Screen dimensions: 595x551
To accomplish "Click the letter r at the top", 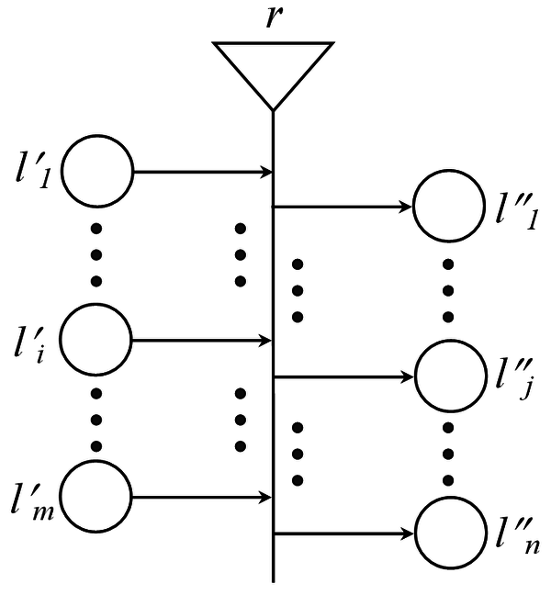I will tap(273, 18).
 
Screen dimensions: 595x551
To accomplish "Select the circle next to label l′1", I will tap(98, 171).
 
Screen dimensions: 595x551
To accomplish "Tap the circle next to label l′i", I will tap(98, 340).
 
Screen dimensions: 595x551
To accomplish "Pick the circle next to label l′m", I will tap(98, 499).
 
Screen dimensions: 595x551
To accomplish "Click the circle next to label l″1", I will tap(449, 207).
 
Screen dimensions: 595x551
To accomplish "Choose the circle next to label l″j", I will tap(449, 376).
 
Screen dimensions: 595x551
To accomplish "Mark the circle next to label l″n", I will tap(449, 533).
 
